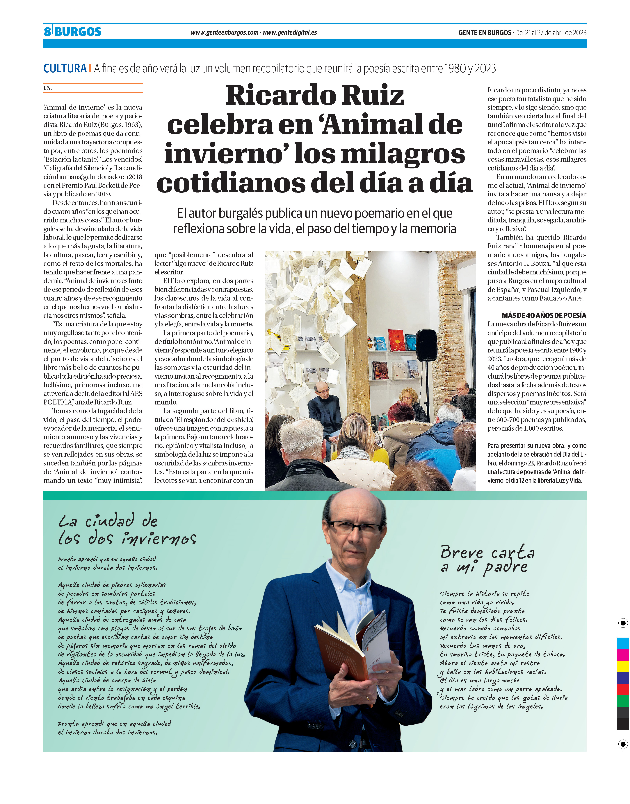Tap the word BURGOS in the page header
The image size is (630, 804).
point(78,32)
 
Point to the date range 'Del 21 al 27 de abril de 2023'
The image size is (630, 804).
point(550,33)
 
